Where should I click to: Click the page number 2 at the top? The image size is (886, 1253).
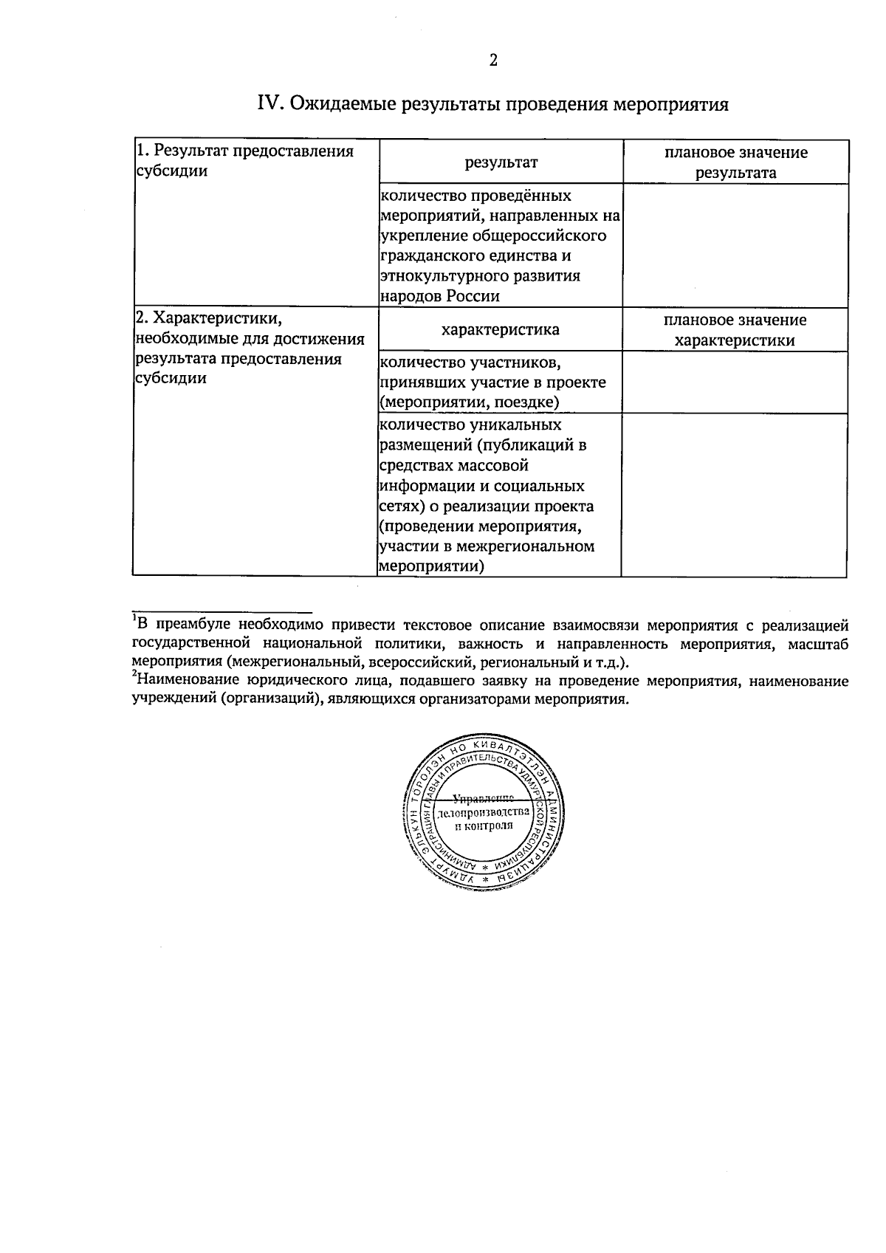coord(493,61)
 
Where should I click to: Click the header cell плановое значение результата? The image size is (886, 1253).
coord(735,162)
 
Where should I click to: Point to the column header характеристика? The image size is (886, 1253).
coord(500,330)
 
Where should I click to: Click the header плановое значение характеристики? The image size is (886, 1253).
coord(735,330)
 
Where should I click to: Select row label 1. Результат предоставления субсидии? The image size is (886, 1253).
coord(245,161)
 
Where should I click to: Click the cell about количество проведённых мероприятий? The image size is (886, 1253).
coord(499,246)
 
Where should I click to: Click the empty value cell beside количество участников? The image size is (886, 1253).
coord(735,382)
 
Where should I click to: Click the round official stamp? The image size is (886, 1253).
coord(484,812)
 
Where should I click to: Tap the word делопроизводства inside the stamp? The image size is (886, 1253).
coord(484,812)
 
